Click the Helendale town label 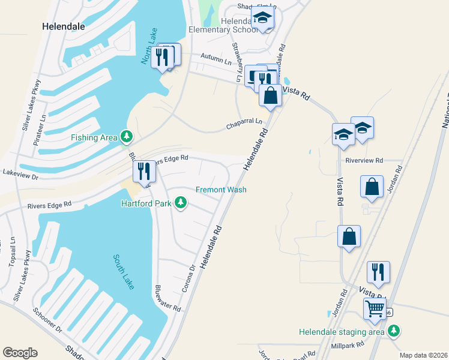tap(63, 26)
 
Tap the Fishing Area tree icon tap(126, 137)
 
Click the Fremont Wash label tap(221, 190)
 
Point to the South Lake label tap(124, 271)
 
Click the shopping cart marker tap(375, 308)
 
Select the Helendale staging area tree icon tap(394, 331)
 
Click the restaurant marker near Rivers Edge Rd tap(143, 171)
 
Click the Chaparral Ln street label tap(244, 124)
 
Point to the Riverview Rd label tap(364, 160)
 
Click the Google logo tap(20, 353)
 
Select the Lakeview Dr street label tap(20, 177)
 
